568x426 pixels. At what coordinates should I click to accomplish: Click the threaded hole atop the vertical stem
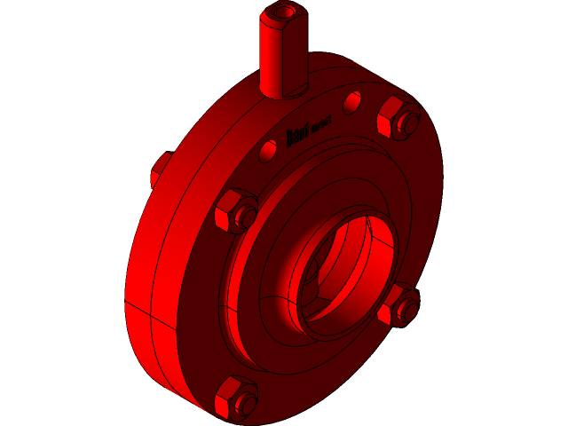pyautogui.click(x=285, y=12)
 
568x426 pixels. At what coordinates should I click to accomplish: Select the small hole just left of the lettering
pyautogui.click(x=268, y=150)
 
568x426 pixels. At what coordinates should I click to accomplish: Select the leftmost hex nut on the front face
pyautogui.click(x=234, y=211)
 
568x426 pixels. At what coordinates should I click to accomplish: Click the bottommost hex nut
pyautogui.click(x=236, y=398)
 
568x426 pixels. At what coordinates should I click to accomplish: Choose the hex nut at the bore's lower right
pyautogui.click(x=398, y=306)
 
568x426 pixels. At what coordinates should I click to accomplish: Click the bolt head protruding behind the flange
pyautogui.click(x=159, y=169)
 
